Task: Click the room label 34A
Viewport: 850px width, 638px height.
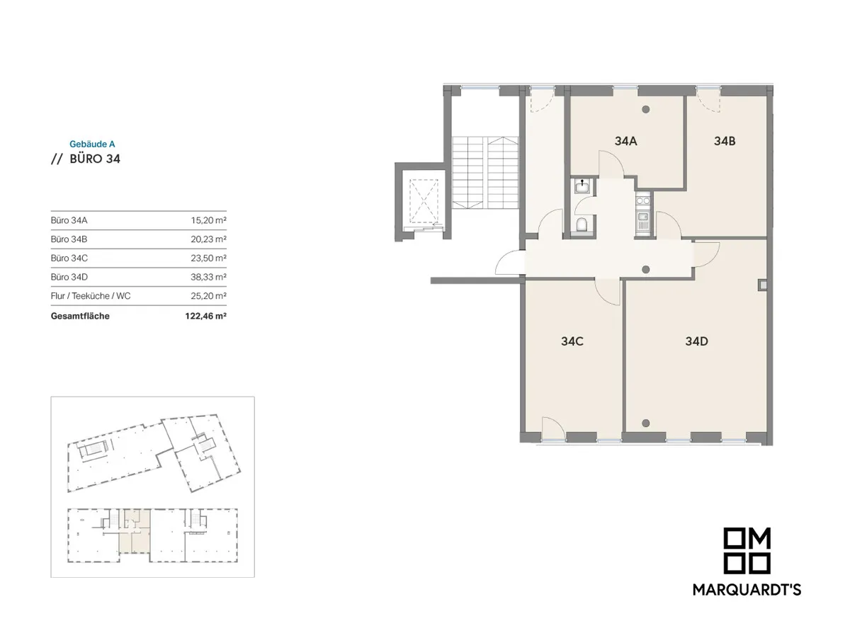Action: tap(625, 141)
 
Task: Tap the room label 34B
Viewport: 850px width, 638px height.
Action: tap(725, 141)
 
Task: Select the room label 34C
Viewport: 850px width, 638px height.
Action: tap(572, 341)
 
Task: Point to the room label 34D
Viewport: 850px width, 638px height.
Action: tap(697, 341)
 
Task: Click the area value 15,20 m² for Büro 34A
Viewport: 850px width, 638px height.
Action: tap(208, 220)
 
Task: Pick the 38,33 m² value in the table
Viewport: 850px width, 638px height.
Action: tap(208, 277)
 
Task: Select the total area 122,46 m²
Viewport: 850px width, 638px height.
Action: tap(205, 316)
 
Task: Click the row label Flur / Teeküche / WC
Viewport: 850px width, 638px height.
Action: tap(91, 296)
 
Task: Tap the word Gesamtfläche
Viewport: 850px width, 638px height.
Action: tap(80, 316)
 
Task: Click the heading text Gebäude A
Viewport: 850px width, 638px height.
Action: tap(92, 144)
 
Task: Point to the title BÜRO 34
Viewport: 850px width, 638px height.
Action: tap(95, 159)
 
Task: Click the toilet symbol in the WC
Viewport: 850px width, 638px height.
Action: tap(582, 224)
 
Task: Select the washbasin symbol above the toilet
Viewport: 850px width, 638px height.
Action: tap(582, 187)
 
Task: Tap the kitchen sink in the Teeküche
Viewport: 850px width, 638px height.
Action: tap(643, 221)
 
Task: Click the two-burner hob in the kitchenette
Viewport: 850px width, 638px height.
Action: tap(643, 200)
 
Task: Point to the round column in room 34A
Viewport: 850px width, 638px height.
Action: tap(645, 110)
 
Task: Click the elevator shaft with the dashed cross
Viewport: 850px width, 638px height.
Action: tap(424, 201)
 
